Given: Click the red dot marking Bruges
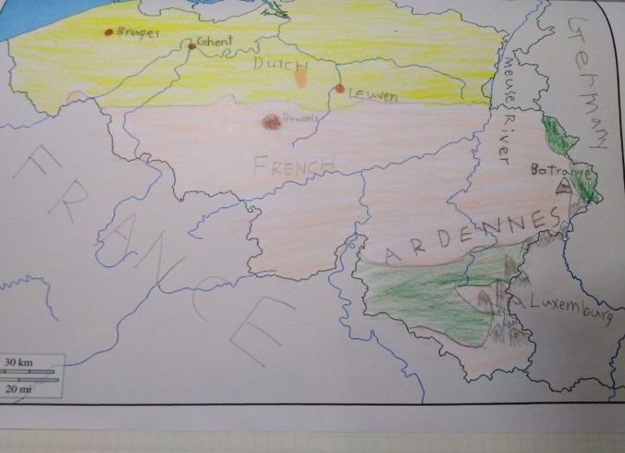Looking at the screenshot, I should tap(109, 32).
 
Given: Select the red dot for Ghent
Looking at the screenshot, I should tap(191, 45).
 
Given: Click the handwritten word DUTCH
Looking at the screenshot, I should tap(280, 66).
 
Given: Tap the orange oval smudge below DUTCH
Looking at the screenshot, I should tap(300, 79).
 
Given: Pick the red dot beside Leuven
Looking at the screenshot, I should tap(339, 89).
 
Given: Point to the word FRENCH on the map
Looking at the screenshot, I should tap(292, 166).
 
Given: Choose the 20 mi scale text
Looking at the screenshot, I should tap(17, 389).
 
